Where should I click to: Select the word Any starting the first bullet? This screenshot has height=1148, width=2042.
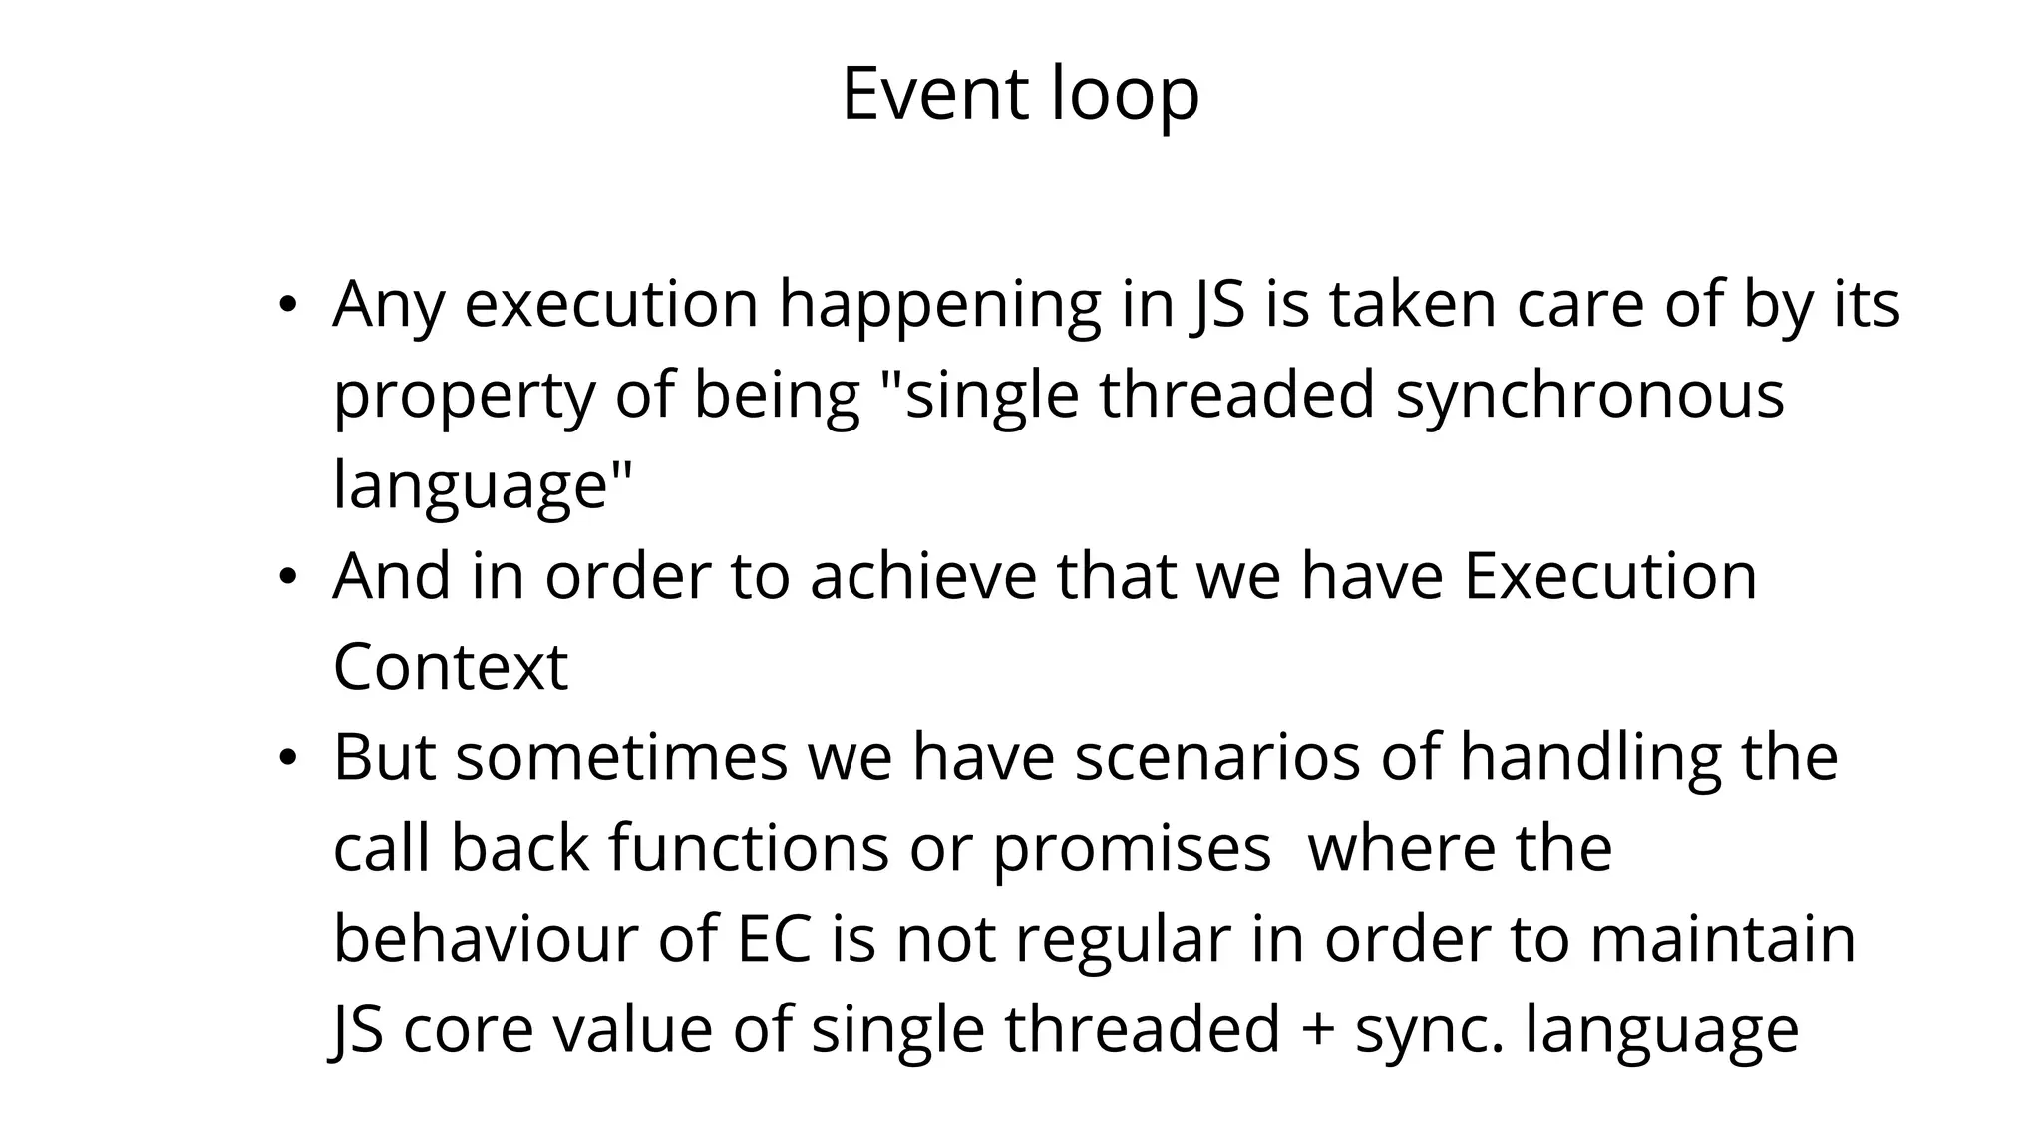tap(388, 305)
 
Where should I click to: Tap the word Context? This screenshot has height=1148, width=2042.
tap(450, 667)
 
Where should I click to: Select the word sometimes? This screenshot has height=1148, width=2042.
tap(621, 757)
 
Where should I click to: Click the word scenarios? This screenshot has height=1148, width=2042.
tap(1216, 757)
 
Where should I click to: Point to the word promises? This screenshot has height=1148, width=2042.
tap(1132, 850)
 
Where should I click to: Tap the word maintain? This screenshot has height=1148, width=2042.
tap(1722, 939)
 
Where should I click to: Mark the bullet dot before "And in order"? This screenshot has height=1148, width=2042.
tap(287, 578)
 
